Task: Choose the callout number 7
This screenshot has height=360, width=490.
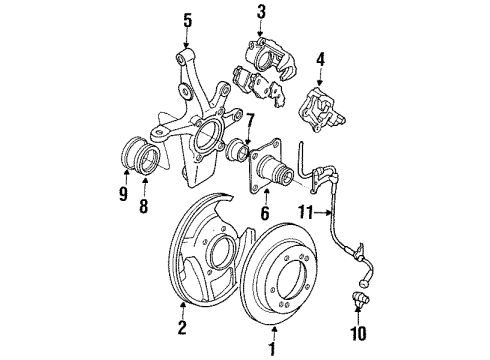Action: [250, 121]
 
